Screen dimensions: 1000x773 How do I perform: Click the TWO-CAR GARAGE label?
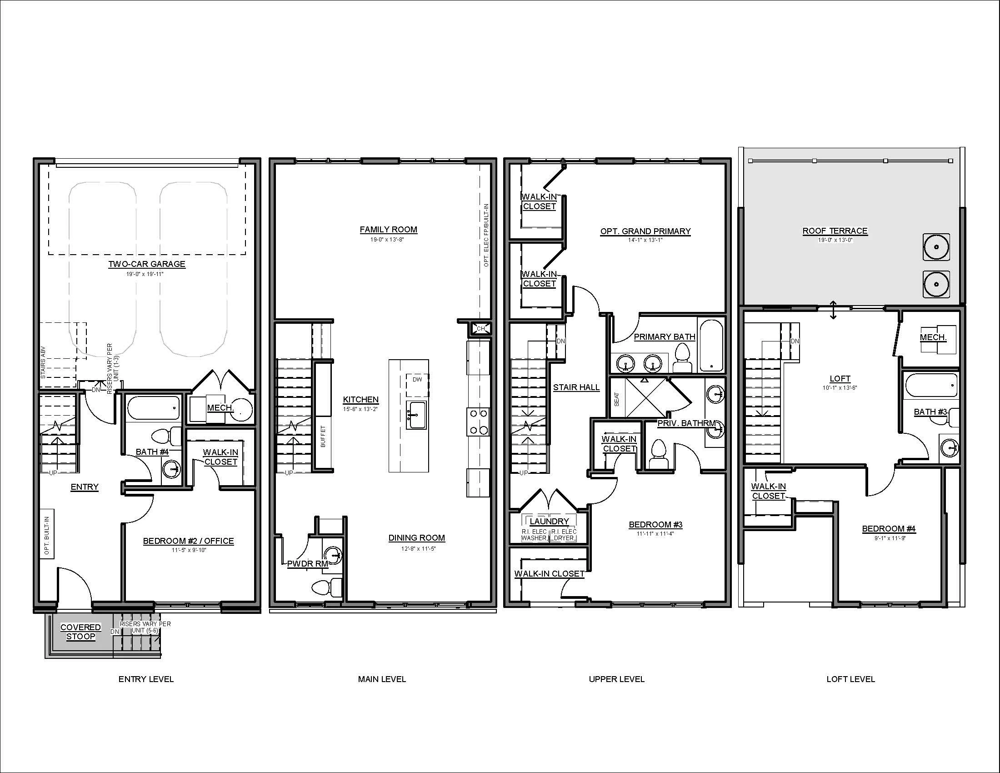pyautogui.click(x=146, y=264)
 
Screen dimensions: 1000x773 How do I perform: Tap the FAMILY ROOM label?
pyautogui.click(x=388, y=230)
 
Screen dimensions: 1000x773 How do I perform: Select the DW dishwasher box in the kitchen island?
pyautogui.click(x=417, y=385)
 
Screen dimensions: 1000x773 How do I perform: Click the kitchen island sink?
pyautogui.click(x=417, y=415)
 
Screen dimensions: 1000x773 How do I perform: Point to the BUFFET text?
pyautogui.click(x=323, y=436)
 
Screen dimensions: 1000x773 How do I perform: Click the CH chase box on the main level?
pyautogui.click(x=480, y=328)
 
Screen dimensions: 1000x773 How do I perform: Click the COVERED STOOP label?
pyautogui.click(x=80, y=632)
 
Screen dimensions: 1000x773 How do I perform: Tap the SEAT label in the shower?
pyautogui.click(x=616, y=399)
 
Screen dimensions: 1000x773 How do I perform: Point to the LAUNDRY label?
pyautogui.click(x=549, y=521)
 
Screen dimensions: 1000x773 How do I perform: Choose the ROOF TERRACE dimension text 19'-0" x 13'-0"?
pyautogui.click(x=835, y=240)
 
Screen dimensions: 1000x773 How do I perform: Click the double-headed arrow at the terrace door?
pyautogui.click(x=833, y=310)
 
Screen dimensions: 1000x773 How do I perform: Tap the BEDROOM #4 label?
pyautogui.click(x=889, y=529)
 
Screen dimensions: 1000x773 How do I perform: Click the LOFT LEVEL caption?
pyautogui.click(x=851, y=679)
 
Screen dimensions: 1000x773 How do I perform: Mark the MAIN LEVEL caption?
pyautogui.click(x=382, y=679)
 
